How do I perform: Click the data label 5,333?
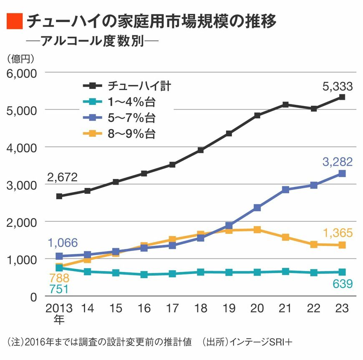pyautogui.click(x=338, y=86)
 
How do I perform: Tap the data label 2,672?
pyautogui.click(x=62, y=177)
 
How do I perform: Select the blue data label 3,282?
pyautogui.click(x=338, y=161)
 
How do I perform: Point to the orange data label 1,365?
pyautogui.click(x=338, y=233)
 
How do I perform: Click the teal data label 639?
pyautogui.click(x=342, y=284)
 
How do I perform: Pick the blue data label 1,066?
pyautogui.click(x=62, y=242)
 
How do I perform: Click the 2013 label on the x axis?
pyautogui.click(x=59, y=309)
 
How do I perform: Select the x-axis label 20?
pyautogui.click(x=257, y=309)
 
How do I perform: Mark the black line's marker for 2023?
pyautogui.click(x=342, y=97)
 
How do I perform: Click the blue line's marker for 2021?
pyautogui.click(x=285, y=190)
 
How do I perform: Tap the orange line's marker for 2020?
pyautogui.click(x=257, y=230)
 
